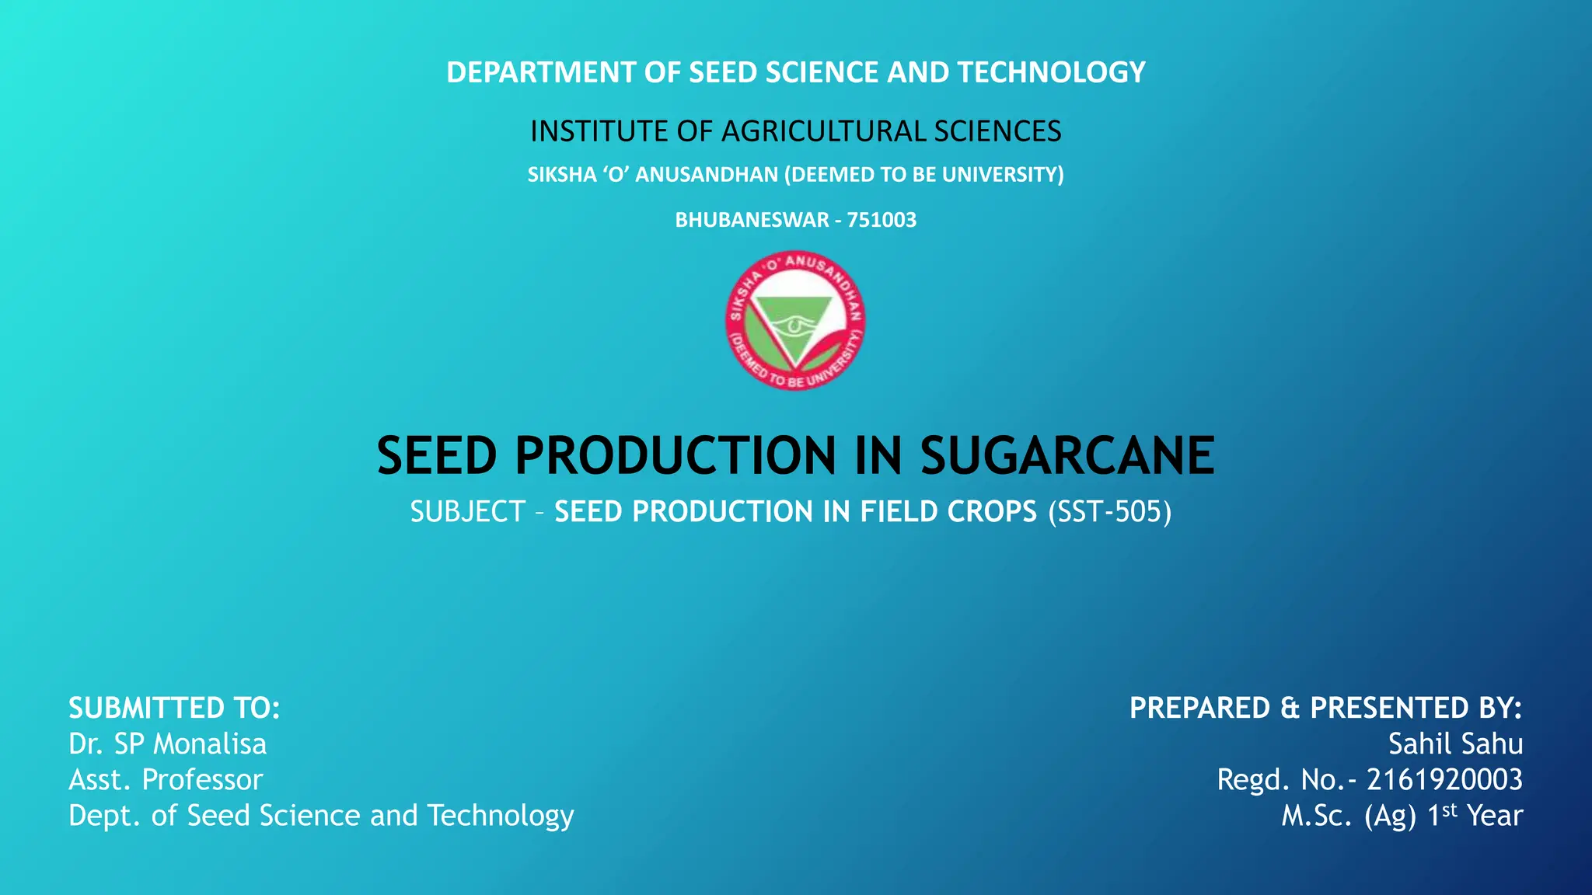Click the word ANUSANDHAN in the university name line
point(706,175)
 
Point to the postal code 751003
point(882,220)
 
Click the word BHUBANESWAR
point(752,220)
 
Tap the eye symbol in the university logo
point(793,324)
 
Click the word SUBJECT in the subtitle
point(468,512)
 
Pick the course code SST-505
point(1109,512)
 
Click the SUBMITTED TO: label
point(174,709)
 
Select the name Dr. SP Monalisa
point(167,744)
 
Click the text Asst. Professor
point(166,780)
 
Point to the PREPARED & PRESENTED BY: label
point(1325,709)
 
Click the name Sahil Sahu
point(1455,744)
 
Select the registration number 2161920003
point(1444,780)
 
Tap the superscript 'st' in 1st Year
point(1450,810)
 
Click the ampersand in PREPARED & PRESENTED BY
point(1290,709)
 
